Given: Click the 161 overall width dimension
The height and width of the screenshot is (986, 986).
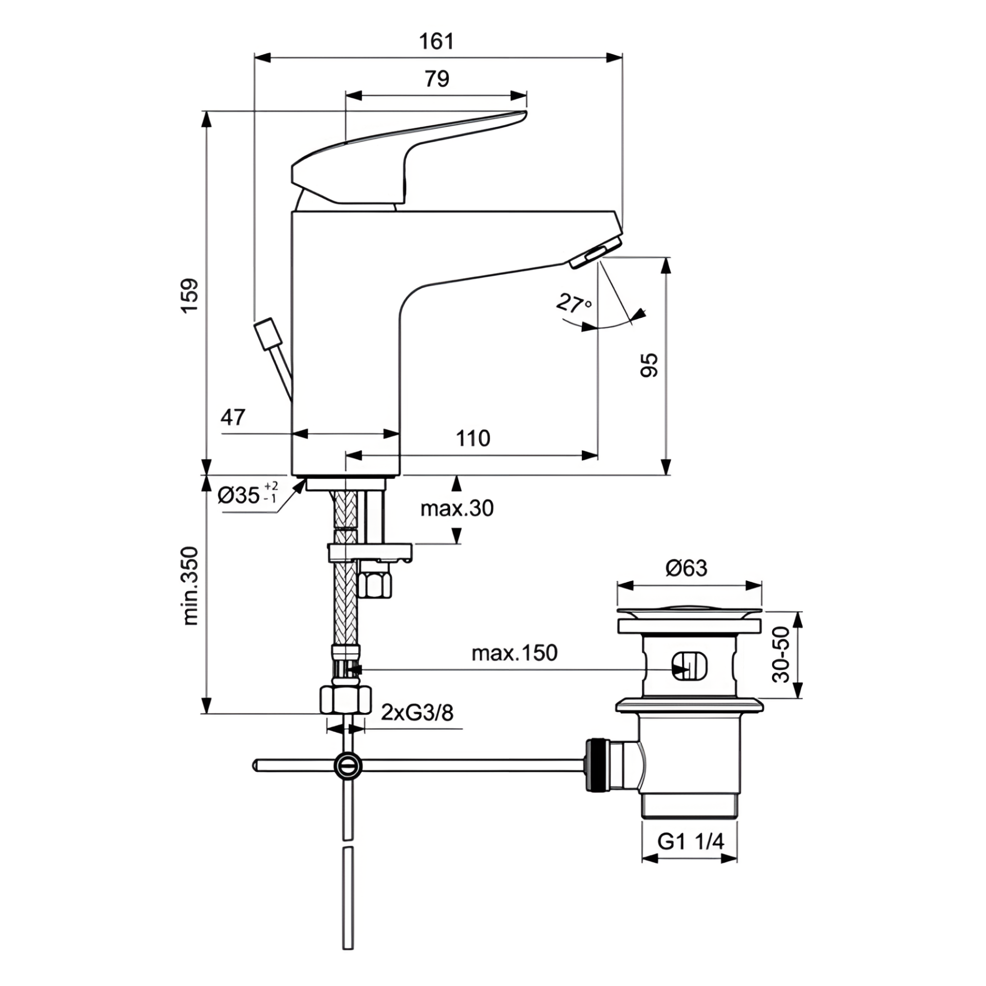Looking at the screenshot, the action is pyautogui.click(x=437, y=42).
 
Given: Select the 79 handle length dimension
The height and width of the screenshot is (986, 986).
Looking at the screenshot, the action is pyautogui.click(x=437, y=79).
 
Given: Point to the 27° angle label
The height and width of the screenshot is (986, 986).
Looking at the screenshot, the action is pyautogui.click(x=574, y=304).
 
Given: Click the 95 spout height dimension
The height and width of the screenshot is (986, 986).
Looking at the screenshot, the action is pyautogui.click(x=649, y=365).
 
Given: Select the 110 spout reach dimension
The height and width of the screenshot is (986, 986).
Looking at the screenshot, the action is pyautogui.click(x=473, y=439).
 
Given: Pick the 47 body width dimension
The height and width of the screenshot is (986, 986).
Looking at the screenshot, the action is pyautogui.click(x=233, y=418).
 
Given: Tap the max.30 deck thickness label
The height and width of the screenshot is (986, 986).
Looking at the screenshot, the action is pyautogui.click(x=457, y=508).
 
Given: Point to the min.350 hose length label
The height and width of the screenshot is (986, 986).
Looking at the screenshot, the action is pyautogui.click(x=189, y=585).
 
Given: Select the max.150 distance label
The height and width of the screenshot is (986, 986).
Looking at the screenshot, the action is pyautogui.click(x=514, y=653).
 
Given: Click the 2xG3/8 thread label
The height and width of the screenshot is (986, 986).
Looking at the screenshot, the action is pyautogui.click(x=417, y=713).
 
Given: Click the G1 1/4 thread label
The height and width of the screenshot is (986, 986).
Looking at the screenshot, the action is pyautogui.click(x=691, y=842).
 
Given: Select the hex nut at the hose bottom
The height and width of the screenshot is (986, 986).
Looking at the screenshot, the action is pyautogui.click(x=346, y=699).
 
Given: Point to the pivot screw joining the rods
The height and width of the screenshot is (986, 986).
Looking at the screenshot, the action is pyautogui.click(x=348, y=766).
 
